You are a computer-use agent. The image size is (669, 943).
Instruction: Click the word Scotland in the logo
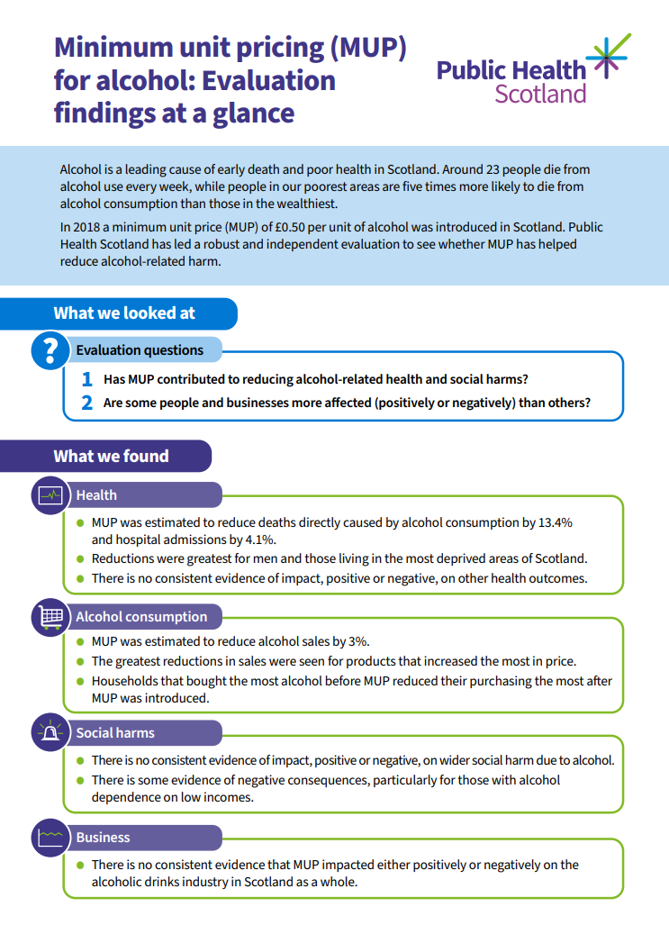[540, 93]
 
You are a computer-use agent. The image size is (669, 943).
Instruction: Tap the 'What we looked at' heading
[124, 313]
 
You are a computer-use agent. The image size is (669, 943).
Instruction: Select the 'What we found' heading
[111, 456]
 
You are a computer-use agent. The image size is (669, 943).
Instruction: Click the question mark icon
[50, 350]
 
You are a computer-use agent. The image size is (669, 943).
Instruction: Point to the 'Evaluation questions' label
[140, 350]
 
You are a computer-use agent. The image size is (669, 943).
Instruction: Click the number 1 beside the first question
[87, 380]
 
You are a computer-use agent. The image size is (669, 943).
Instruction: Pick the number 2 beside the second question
[87, 403]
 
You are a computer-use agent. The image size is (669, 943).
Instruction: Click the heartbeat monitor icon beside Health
[50, 494]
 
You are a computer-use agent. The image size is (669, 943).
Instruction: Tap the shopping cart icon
[50, 617]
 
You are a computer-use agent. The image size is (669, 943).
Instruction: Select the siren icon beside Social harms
[50, 733]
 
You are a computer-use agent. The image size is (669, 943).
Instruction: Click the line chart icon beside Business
[50, 838]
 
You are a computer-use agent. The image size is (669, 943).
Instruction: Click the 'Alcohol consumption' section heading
[141, 617]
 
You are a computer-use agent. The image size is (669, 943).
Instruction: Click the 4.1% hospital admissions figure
[258, 540]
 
